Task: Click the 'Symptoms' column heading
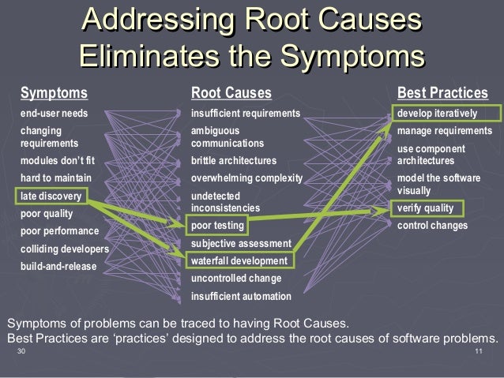[54, 94]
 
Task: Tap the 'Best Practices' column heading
[442, 94]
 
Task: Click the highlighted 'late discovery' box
[52, 195]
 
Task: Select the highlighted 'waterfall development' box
[238, 260]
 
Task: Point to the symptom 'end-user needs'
[54, 114]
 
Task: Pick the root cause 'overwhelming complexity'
[246, 178]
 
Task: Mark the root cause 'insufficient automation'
[241, 297]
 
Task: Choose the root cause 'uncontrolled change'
[236, 279]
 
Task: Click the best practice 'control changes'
[432, 226]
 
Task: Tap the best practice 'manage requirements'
[444, 130]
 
